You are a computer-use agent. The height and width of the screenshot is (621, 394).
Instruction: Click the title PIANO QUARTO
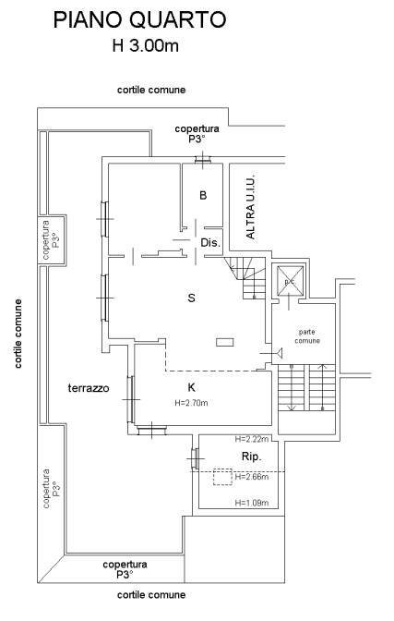pos(139,20)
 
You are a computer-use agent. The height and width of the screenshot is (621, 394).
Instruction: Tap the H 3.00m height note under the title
pos(145,46)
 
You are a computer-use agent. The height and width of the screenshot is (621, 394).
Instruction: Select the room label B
pos(203,195)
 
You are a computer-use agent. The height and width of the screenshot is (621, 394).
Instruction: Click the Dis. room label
pos(210,242)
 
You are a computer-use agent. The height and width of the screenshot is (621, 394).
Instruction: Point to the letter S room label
pos(191,298)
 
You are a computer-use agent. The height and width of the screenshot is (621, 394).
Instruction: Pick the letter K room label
pos(191,387)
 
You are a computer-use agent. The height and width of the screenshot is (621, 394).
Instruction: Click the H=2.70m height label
pos(191,403)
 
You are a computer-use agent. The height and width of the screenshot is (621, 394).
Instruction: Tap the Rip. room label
pos(252,457)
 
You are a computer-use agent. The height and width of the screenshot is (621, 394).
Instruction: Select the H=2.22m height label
pos(252,439)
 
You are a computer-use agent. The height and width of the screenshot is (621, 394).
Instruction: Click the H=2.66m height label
pos(252,477)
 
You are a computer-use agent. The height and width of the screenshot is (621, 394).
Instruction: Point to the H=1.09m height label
pos(252,503)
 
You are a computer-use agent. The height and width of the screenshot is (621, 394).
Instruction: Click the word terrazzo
pos(89,388)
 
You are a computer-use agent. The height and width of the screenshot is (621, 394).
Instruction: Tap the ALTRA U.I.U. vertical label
pos(250,207)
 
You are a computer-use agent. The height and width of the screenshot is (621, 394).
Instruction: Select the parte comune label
pos(307,336)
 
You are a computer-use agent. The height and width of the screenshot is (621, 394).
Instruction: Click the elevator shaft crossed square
pos(290,281)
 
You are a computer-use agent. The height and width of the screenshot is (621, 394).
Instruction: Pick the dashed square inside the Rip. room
pos(222,477)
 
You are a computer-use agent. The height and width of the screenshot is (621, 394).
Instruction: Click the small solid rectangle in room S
pos(225,342)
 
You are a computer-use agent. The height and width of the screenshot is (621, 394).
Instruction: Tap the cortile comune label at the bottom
pos(151,594)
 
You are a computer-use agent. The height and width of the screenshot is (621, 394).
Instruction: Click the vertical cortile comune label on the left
pos(18,334)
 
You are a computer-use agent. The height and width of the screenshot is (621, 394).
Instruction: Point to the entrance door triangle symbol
pos(279,352)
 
